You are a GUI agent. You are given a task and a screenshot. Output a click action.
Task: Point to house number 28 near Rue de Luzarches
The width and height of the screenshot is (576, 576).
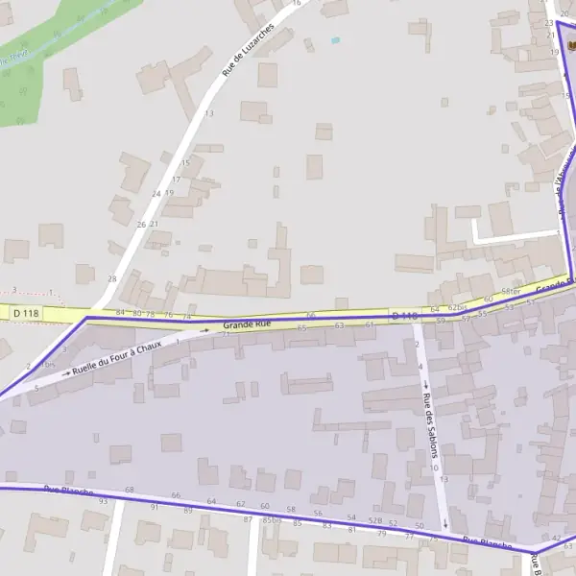click(x=111, y=278)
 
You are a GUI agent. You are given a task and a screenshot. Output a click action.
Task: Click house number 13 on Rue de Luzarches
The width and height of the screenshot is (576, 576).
click(x=208, y=113)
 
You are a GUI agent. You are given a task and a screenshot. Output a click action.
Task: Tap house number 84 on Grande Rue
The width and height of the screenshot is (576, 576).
click(x=120, y=313)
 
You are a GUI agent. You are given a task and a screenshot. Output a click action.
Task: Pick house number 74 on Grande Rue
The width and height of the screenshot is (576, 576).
click(x=187, y=317)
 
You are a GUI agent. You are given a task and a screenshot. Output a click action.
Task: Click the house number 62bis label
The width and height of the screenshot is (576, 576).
click(x=457, y=307)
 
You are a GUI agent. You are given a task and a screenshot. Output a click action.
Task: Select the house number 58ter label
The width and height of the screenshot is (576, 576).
click(x=511, y=291)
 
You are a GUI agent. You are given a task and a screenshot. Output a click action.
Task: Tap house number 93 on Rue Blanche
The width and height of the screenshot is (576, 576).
click(x=104, y=501)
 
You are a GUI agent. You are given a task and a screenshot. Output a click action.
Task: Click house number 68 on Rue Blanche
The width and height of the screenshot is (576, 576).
click(x=130, y=491)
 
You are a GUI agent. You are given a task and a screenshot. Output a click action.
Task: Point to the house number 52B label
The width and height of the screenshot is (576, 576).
click(x=375, y=520)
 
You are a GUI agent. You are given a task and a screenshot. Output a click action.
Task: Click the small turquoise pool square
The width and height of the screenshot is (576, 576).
click(x=335, y=40)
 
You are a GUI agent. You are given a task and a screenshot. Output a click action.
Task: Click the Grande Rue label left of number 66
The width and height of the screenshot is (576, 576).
click(x=247, y=324)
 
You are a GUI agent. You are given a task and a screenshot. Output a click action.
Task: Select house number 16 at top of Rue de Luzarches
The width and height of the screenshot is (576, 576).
click(x=296, y=3)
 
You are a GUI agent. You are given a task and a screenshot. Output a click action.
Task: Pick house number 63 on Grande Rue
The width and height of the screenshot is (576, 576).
click(x=339, y=325)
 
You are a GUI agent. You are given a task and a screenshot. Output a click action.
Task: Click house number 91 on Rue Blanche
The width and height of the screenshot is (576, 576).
click(x=154, y=506)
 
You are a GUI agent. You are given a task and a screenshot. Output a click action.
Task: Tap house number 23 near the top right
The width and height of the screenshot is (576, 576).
click(x=549, y=22)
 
